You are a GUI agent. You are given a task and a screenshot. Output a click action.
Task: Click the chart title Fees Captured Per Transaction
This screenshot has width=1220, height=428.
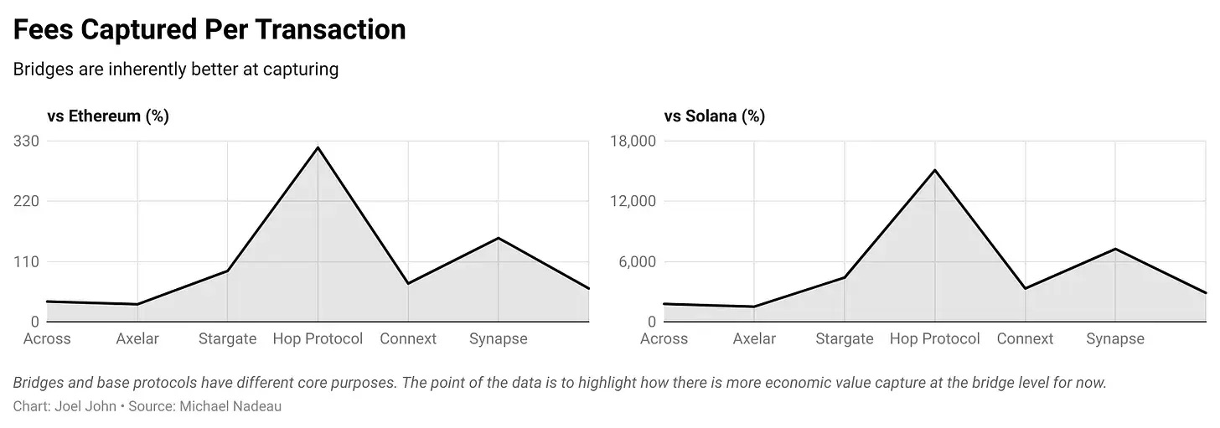click(209, 30)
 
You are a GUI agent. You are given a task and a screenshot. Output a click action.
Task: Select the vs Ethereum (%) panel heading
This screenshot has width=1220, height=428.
click(108, 116)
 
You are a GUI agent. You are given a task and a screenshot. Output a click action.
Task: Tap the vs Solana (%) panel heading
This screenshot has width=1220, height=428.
click(714, 116)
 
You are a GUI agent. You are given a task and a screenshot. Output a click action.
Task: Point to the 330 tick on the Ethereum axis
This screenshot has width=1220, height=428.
click(26, 141)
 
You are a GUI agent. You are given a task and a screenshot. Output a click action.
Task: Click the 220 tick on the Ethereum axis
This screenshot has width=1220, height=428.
click(26, 201)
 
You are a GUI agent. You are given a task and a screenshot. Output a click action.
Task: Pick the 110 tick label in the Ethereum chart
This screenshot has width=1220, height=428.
click(26, 261)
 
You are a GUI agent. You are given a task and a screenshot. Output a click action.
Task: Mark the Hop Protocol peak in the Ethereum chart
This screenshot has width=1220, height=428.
click(318, 148)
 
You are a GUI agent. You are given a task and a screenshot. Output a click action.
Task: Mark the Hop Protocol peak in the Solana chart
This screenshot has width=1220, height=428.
click(934, 170)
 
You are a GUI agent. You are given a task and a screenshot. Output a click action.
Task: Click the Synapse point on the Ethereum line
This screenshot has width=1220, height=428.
click(499, 238)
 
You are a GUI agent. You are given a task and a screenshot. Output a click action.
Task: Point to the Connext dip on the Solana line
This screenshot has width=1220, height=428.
click(1025, 289)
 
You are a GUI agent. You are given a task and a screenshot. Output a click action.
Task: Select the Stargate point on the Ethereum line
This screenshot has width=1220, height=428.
click(227, 271)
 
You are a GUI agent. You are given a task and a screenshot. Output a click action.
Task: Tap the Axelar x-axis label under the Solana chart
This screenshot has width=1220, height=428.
click(754, 339)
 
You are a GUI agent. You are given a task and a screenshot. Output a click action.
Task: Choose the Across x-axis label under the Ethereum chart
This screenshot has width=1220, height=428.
click(47, 339)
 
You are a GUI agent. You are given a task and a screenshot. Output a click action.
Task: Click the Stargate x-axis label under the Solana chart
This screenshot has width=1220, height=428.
click(844, 339)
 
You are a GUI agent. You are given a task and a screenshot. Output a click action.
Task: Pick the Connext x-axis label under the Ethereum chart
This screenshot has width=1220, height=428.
click(408, 339)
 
